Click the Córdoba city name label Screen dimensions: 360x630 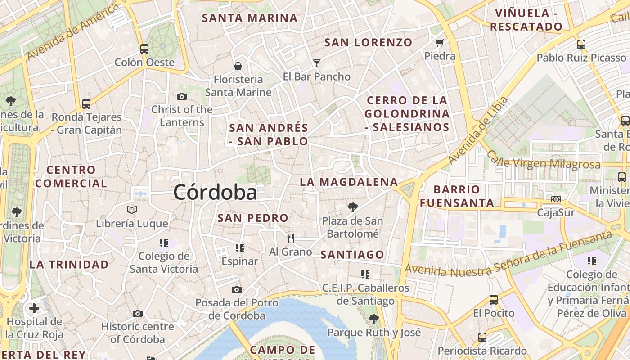(x=215, y=193)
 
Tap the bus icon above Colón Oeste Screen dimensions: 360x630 (x=144, y=49)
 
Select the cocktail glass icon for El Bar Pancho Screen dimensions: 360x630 (x=317, y=63)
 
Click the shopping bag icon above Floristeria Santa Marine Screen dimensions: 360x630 (x=238, y=67)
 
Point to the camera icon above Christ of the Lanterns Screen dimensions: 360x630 (x=182, y=96)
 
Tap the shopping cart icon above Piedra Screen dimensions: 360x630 (x=440, y=43)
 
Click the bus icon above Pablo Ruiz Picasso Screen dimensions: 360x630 (x=581, y=45)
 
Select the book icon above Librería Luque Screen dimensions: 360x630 (x=132, y=210)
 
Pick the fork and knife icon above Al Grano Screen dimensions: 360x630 (x=291, y=238)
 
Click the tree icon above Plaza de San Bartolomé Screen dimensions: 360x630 (x=353, y=207)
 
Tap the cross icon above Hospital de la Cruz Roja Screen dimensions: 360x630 (x=34, y=308)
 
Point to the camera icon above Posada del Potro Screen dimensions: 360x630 (x=237, y=289)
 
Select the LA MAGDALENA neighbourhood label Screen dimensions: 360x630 (x=349, y=182)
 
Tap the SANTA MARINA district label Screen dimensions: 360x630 (x=250, y=18)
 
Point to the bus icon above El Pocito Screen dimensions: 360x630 (x=494, y=299)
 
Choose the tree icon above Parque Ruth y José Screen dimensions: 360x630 (x=373, y=319)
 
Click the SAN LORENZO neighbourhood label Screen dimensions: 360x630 (x=368, y=43)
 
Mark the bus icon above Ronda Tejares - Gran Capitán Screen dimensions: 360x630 (x=86, y=104)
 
